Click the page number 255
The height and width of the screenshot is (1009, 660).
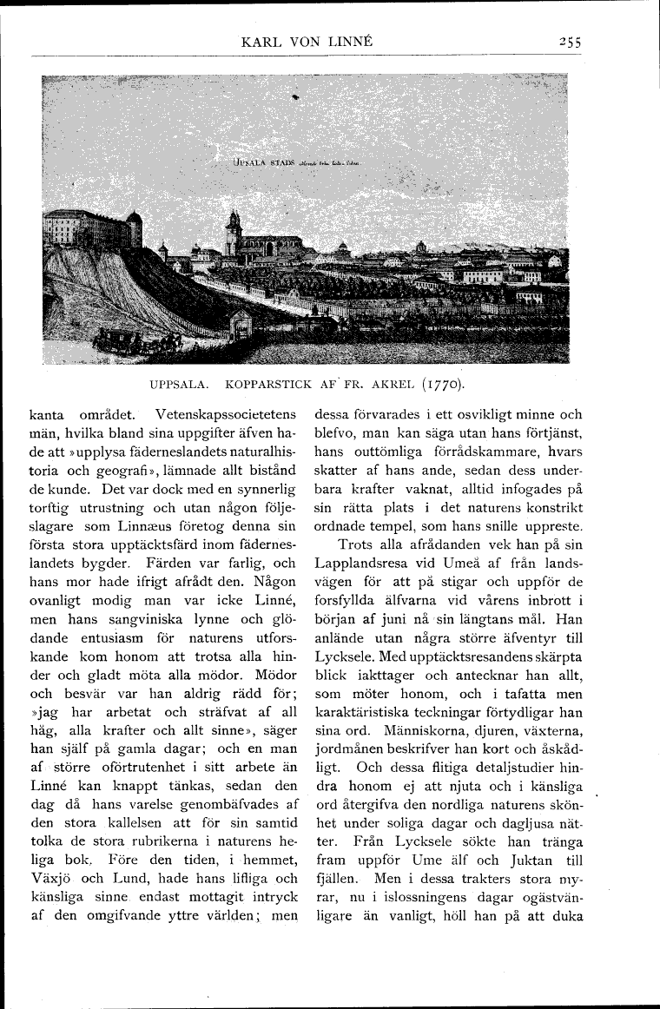pos(570,41)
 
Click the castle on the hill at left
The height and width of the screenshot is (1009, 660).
pos(87,228)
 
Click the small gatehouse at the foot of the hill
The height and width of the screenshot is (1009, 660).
pos(240,326)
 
